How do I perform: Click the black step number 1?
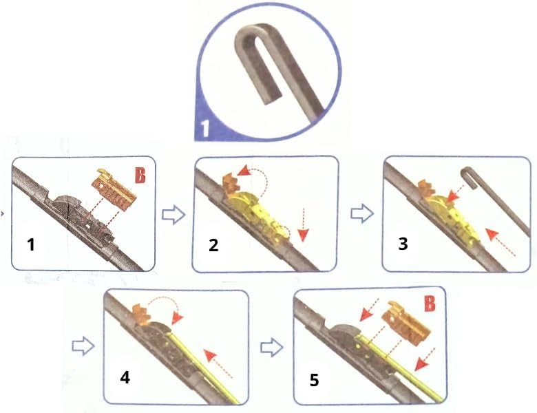31,245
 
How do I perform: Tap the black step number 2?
213,245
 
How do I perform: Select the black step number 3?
403,244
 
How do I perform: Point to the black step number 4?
125,377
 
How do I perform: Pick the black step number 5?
315,380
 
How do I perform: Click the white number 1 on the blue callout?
204,129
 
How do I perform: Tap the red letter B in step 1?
140,176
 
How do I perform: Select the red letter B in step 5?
430,303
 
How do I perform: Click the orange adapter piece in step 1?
114,188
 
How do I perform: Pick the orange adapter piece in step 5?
407,324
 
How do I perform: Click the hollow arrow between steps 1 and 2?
173,215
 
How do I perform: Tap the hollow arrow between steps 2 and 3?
362,214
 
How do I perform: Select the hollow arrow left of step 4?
83,346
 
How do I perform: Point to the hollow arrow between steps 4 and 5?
272,347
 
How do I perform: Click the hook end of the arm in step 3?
468,176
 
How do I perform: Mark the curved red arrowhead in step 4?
177,319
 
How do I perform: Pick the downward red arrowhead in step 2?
303,235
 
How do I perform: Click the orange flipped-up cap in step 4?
140,314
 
